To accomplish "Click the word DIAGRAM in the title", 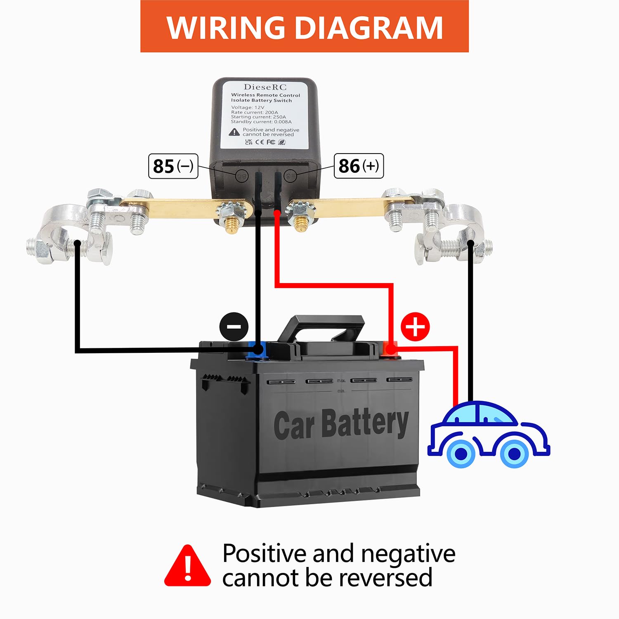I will [369, 28].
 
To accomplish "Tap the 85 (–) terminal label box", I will [173, 166].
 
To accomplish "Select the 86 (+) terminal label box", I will [359, 166].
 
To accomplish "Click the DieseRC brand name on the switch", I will [265, 87].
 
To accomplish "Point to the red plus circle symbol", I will [415, 327].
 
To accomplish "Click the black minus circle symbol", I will [234, 326].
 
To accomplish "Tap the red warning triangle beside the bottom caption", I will [188, 567].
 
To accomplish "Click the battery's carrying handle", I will [321, 326].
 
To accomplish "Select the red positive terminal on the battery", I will [390, 350].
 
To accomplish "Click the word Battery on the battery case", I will [365, 423].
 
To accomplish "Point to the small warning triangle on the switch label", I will [234, 132].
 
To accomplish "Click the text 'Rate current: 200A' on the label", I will [255, 112].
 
